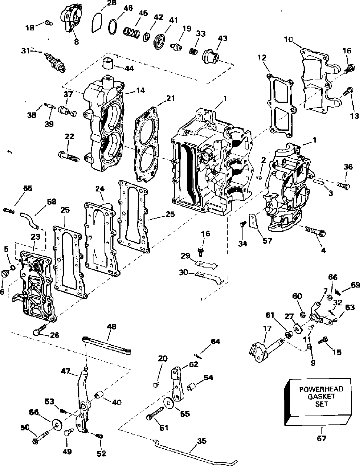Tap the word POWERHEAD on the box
tap(321, 389)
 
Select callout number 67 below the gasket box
tap(322, 438)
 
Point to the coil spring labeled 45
tap(132, 32)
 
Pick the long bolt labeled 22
tap(69, 157)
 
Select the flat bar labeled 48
tap(107, 345)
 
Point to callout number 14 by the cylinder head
tap(140, 90)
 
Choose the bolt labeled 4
tap(315, 231)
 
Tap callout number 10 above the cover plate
tap(289, 39)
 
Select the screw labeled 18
tap(49, 23)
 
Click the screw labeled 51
tap(155, 413)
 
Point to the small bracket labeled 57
tap(254, 220)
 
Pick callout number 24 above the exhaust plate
tap(100, 189)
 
